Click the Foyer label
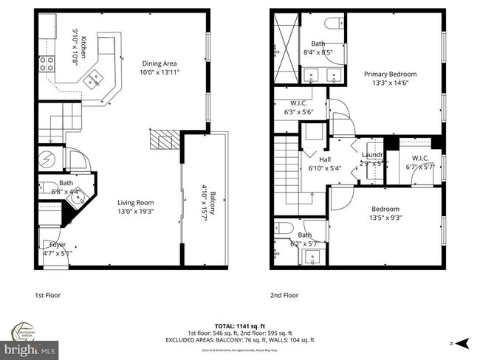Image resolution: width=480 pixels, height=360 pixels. pos(58,244)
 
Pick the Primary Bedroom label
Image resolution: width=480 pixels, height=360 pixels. pos(390,74)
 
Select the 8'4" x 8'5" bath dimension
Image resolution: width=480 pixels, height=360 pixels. pos(318,52)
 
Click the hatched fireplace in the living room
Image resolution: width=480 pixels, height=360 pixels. pos(164,140)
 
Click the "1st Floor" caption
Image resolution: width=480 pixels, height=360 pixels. pos(48,295)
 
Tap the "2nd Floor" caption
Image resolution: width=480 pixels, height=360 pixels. pos(284,295)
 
